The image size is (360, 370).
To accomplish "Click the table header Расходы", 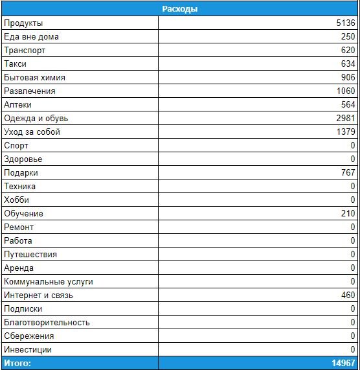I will coord(179,9).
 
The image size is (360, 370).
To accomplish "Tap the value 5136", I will coord(344,23).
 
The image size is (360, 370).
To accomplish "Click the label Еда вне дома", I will coord(31,37).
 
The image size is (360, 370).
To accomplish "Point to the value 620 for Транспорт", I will coord(348,51).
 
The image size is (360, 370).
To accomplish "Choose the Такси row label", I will coord(16,64).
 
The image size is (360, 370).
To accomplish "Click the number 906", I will coord(348,78).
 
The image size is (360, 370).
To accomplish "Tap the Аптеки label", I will coord(17,105).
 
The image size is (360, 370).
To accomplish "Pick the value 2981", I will coord(344,119).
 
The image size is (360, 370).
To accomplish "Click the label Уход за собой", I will coord(32,132).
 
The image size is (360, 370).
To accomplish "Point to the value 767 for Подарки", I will coord(348,173).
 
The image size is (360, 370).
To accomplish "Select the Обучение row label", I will coord(23,214).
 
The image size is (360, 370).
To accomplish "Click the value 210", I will coord(348,214).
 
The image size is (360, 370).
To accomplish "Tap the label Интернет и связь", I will coord(38,295).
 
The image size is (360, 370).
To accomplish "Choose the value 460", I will coord(348,295).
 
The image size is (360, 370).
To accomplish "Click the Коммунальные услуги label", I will coord(49,282).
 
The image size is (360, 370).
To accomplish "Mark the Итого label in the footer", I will coord(17,363).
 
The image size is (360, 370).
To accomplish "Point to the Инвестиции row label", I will coord(28,350).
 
